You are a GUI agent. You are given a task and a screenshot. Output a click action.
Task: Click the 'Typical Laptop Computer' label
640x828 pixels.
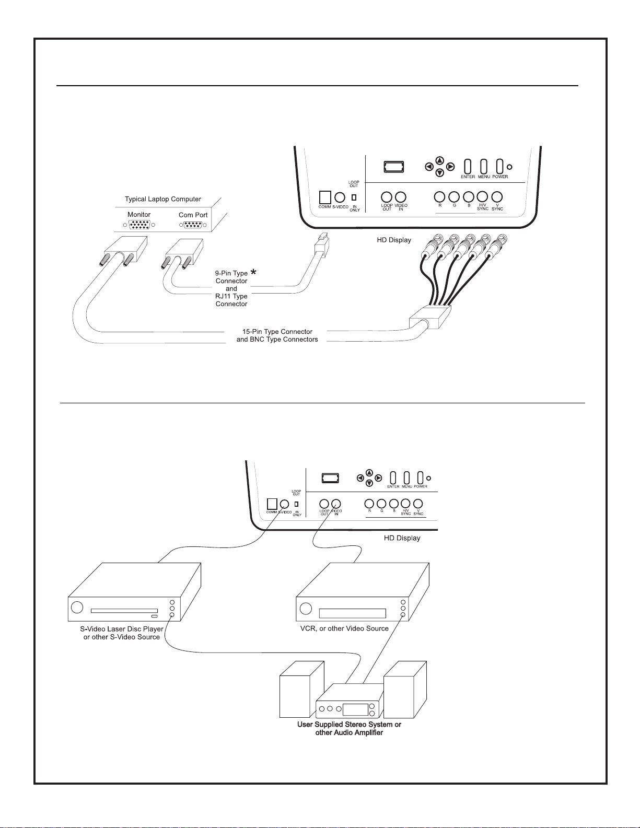[162, 199]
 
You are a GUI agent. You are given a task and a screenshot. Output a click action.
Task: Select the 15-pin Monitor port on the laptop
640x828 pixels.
[139, 225]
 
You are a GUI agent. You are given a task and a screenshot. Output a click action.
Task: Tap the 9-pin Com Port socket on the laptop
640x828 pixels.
[193, 225]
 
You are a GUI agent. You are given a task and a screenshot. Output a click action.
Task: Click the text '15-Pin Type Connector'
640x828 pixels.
[277, 332]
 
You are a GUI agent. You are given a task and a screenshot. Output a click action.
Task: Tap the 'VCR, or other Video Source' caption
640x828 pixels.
[344, 628]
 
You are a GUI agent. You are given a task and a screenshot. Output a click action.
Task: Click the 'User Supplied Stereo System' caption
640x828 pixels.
[349, 725]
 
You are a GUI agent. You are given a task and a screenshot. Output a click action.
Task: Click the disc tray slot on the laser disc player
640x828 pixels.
[124, 610]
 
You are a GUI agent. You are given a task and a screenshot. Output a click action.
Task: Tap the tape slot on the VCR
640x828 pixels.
[352, 613]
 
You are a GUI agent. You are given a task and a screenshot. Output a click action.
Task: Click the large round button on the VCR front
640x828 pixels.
[306, 609]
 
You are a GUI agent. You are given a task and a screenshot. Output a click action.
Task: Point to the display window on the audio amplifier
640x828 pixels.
[355, 709]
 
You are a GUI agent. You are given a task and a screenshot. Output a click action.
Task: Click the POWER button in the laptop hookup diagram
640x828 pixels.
[499, 166]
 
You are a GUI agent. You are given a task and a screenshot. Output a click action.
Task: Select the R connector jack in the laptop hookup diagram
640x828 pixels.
[440, 197]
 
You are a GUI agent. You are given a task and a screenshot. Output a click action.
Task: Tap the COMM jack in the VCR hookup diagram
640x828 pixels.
[272, 504]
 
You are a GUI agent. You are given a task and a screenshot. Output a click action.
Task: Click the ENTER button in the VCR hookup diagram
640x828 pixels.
[393, 477]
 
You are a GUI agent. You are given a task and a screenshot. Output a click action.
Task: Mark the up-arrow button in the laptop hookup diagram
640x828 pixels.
[440, 160]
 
